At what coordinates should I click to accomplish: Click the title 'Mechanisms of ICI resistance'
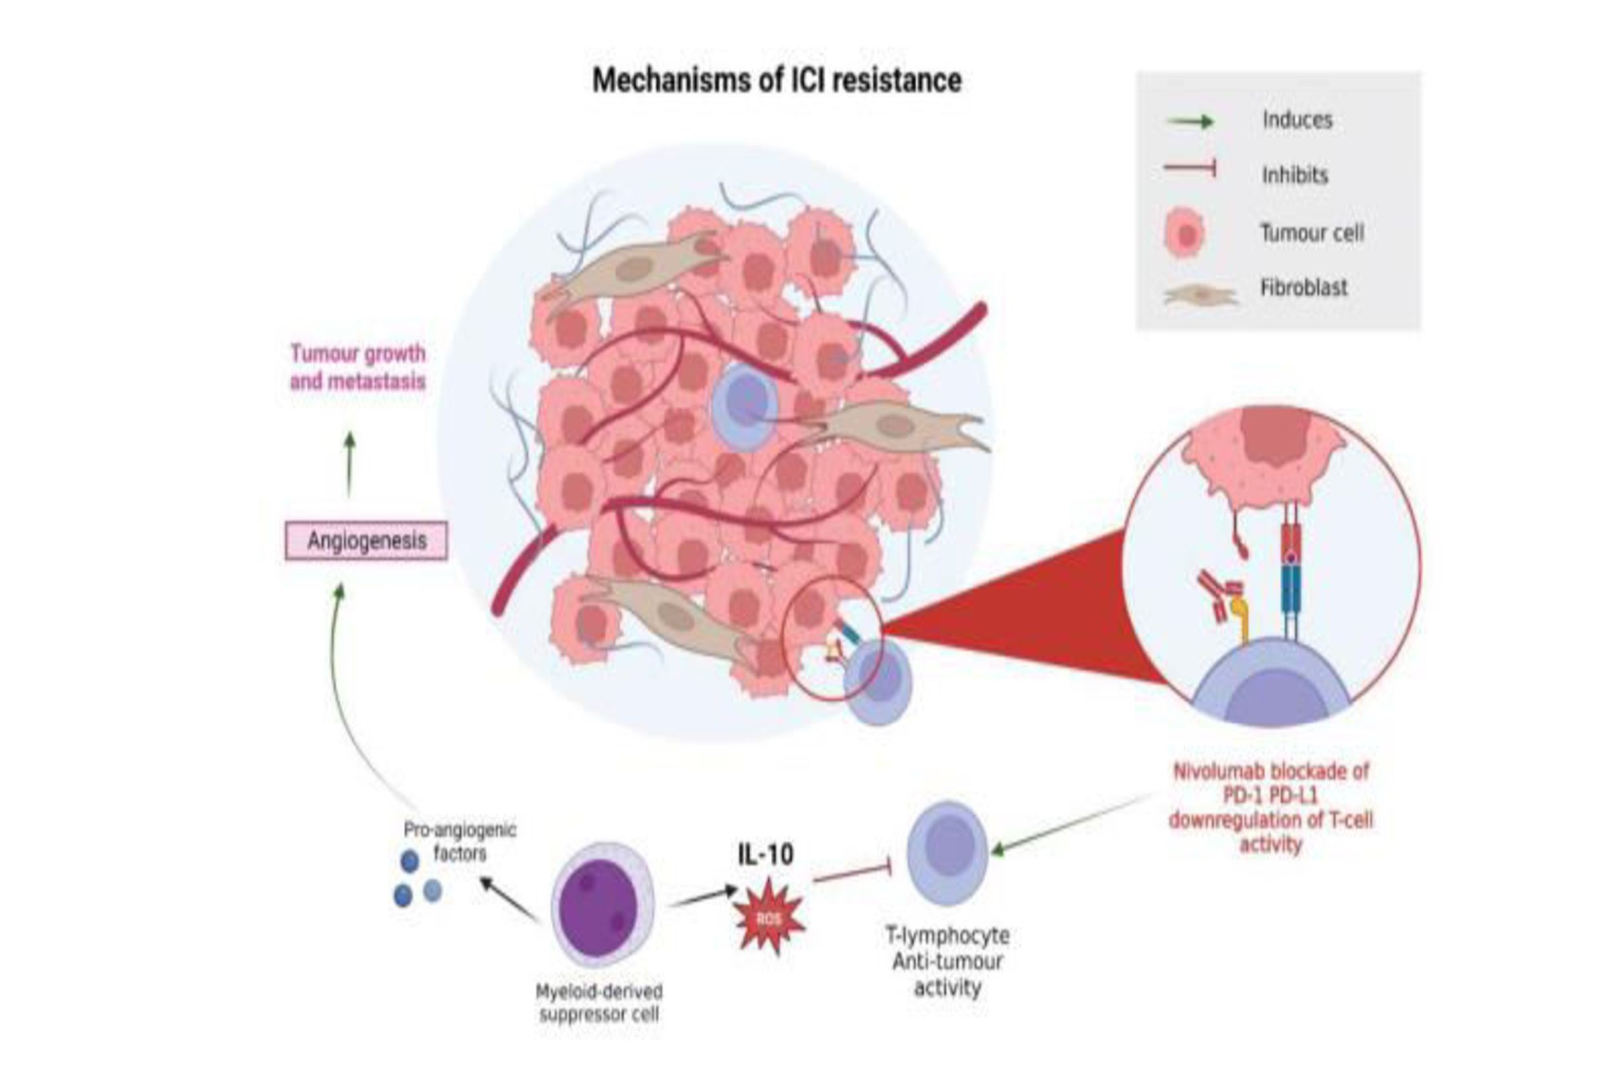click(x=777, y=80)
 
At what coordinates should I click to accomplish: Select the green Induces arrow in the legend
click(x=1190, y=122)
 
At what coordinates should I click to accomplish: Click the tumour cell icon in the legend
click(x=1185, y=234)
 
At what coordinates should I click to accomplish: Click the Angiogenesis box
click(x=366, y=540)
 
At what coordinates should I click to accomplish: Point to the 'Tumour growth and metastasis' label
click(x=357, y=367)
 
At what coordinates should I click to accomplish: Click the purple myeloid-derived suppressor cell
click(x=602, y=904)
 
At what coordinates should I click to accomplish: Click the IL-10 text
click(x=766, y=854)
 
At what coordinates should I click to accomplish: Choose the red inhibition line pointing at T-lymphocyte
click(x=852, y=875)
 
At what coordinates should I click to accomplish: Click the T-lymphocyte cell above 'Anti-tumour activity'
click(x=947, y=852)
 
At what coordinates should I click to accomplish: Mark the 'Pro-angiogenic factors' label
click(x=459, y=841)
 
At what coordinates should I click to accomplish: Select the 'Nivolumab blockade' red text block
click(x=1270, y=807)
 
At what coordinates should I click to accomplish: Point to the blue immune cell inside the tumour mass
click(x=744, y=407)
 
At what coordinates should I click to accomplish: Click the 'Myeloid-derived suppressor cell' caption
click(x=599, y=1002)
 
